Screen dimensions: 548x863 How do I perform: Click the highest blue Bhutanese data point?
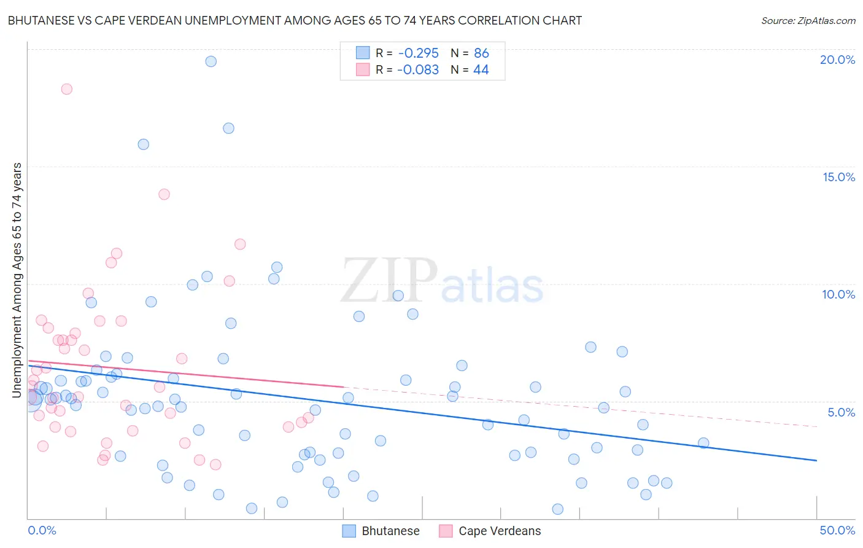pos(211,61)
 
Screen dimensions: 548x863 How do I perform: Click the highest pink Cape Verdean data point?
pos(66,89)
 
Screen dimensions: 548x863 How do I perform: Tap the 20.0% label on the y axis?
pos(837,60)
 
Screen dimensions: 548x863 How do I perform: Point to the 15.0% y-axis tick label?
pos(838,177)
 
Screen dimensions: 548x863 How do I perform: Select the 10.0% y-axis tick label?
pos(838,294)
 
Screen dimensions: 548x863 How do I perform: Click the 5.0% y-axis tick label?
pos(841,412)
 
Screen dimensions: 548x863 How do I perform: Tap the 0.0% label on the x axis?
pos(42,530)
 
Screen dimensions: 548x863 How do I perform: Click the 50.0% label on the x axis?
pos(837,530)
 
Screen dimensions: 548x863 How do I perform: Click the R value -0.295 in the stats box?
pos(418,53)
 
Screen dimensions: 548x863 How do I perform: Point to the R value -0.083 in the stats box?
pos(418,70)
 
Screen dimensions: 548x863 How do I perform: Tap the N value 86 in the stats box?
pos(481,53)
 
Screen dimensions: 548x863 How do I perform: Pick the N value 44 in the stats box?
pos(481,70)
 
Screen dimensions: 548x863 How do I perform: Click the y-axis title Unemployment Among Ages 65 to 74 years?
pos(17,280)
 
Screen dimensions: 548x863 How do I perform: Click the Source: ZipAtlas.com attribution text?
pos(808,21)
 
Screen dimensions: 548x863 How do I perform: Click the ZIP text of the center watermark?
pos(389,281)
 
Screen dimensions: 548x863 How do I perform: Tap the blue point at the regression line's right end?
pos(703,443)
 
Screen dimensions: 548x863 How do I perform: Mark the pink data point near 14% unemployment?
pos(164,194)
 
